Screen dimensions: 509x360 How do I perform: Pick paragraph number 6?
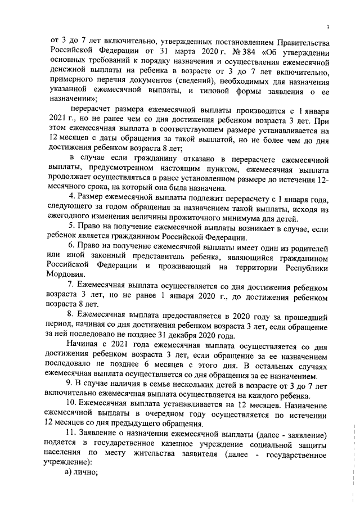pyautogui.click(x=70, y=248)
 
